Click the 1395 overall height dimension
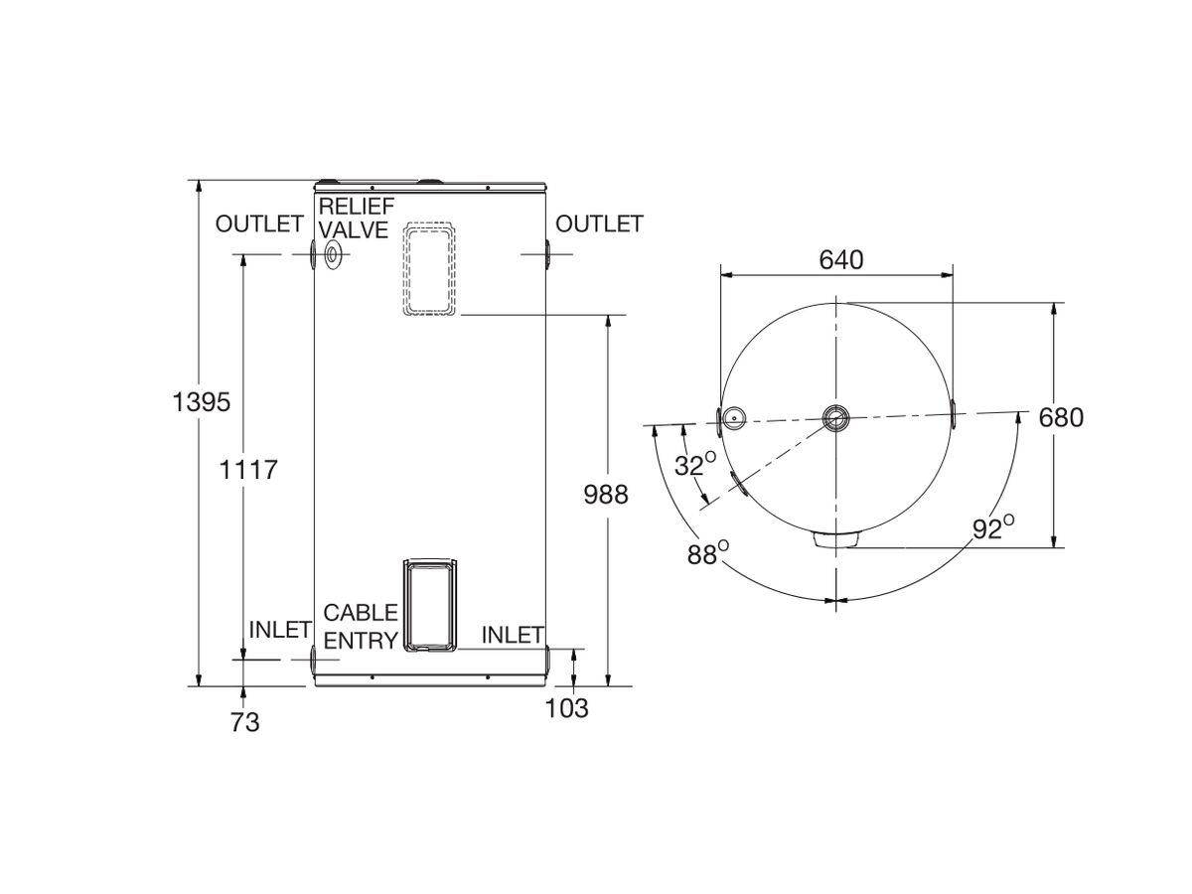(201, 402)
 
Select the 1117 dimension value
(248, 470)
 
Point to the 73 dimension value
(243, 722)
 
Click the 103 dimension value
(567, 708)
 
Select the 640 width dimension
(840, 260)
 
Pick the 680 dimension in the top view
(1060, 417)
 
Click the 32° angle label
(695, 464)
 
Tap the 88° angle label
(707, 553)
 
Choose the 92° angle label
(992, 527)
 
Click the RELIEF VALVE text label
(357, 216)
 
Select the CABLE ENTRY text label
(361, 627)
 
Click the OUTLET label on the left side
(258, 224)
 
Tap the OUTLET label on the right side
(599, 224)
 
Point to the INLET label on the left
(280, 630)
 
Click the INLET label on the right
(513, 634)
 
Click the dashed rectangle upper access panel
(430, 268)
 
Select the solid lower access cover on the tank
(430, 605)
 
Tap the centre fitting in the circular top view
(836, 416)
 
